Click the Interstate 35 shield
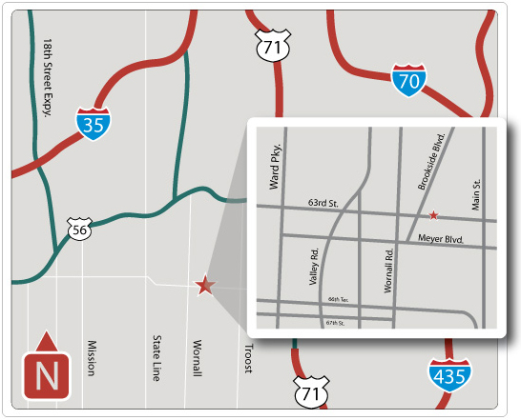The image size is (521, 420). click(93, 123)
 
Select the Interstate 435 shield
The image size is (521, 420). click(448, 374)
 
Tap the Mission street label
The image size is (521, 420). click(92, 358)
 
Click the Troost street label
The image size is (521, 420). click(248, 358)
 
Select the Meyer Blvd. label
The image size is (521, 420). click(440, 239)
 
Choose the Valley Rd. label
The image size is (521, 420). click(314, 268)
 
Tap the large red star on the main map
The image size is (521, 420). click(204, 285)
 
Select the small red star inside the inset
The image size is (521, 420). click(434, 215)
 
